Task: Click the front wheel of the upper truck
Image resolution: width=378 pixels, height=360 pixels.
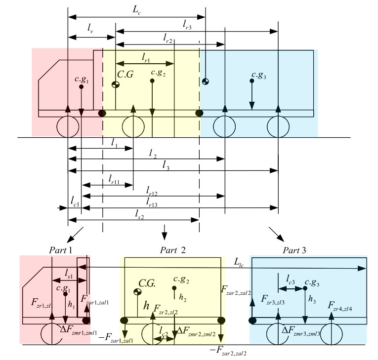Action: (x=68, y=127)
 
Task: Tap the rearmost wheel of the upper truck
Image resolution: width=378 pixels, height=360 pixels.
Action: (x=278, y=127)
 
